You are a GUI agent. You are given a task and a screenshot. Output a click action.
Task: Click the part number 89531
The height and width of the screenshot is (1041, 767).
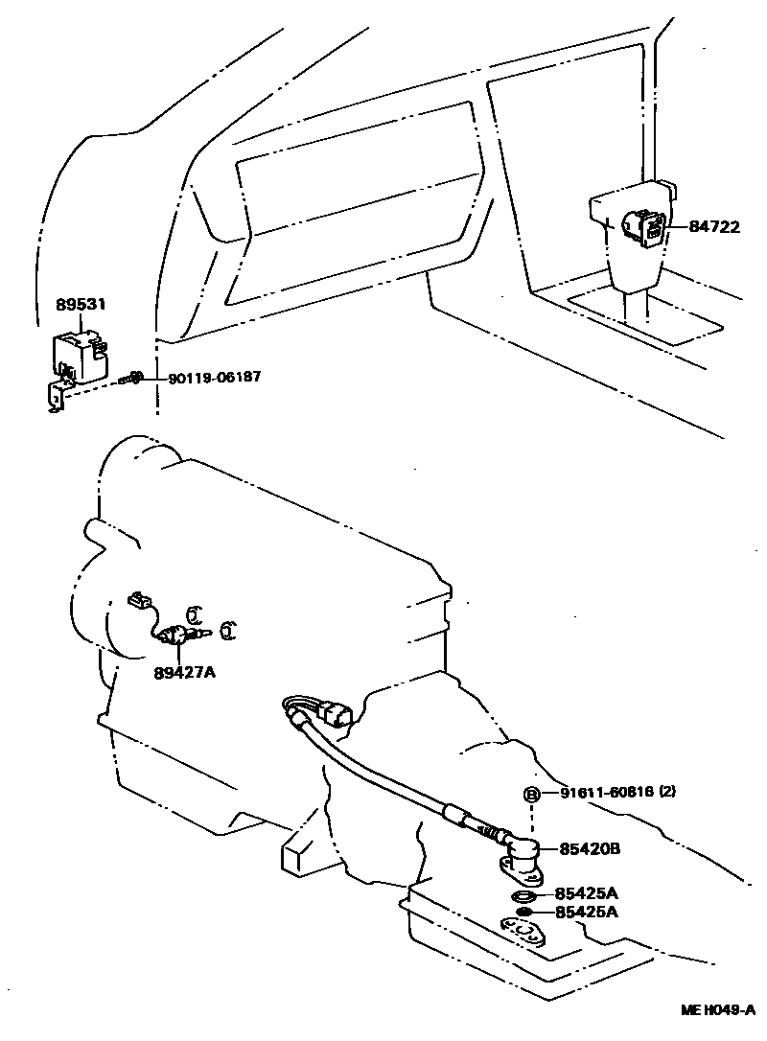81,304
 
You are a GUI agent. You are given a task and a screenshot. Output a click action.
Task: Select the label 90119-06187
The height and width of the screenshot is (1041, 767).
214,378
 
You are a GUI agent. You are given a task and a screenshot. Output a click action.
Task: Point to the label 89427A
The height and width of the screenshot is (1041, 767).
184,672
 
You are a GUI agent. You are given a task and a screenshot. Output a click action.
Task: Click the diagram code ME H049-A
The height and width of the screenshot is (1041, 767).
718,1009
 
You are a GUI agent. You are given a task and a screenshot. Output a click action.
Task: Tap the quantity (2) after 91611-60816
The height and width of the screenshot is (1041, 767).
667,793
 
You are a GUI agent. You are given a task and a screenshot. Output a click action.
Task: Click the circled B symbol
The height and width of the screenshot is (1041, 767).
530,794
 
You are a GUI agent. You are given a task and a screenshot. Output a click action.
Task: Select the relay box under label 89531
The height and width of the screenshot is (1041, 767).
79,355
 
